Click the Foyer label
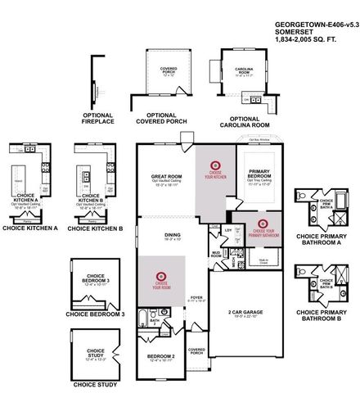pyautogui.click(x=196, y=296)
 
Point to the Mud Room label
pyautogui.click(x=216, y=255)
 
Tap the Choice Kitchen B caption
pyautogui.click(x=95, y=228)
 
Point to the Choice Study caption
pyautogui.click(x=95, y=384)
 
